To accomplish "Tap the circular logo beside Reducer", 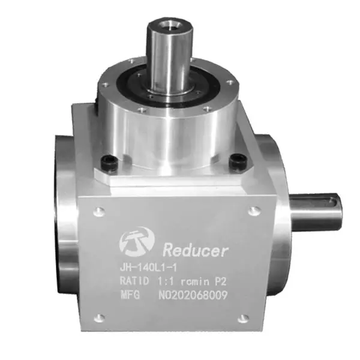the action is click(137, 242).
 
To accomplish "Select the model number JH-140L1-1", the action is click(148, 268).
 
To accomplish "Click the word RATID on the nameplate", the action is click(134, 281).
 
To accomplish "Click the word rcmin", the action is click(195, 282).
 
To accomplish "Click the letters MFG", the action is click(130, 295).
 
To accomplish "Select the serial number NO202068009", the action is click(193, 295).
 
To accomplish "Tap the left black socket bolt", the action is click(110, 163).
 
